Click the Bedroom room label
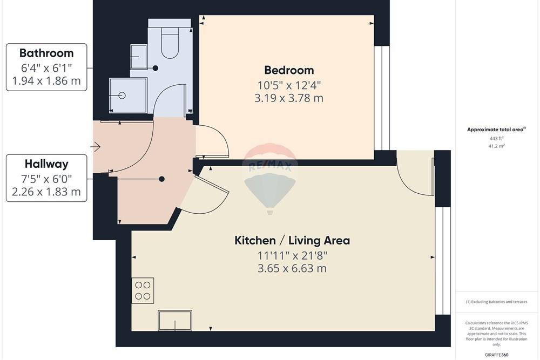tap(289, 70)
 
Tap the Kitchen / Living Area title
tap(292, 240)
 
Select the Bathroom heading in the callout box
tap(46, 53)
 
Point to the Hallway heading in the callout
tap(46, 164)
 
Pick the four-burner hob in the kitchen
tap(143, 290)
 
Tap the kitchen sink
tap(175, 321)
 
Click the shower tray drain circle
tap(122, 96)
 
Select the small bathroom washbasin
tap(139, 57)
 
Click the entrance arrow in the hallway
tap(96, 147)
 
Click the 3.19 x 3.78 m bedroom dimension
tap(289, 98)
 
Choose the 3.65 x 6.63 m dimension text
tap(292, 268)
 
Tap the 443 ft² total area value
tap(497, 138)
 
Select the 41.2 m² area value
tap(497, 146)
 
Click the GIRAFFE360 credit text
tap(497, 355)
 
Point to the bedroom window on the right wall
tap(382, 98)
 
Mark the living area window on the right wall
tap(443, 261)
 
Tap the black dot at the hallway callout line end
tap(161, 179)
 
